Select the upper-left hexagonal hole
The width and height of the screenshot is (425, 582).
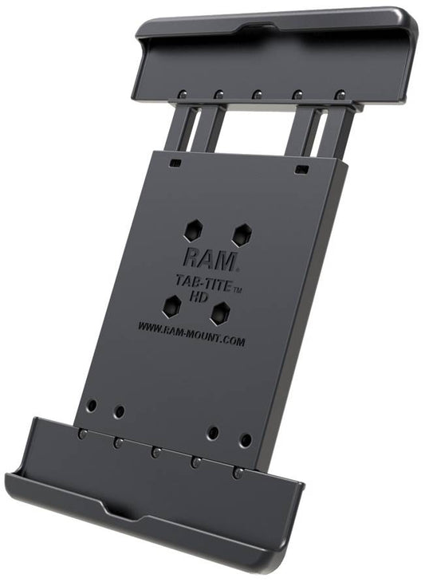click(191, 230)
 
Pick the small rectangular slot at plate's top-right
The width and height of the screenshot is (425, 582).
click(300, 170)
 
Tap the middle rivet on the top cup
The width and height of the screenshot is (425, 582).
click(257, 94)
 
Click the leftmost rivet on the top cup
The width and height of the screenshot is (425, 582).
click(182, 94)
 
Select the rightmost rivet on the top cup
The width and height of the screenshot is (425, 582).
click(339, 94)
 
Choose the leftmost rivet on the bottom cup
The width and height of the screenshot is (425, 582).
click(82, 434)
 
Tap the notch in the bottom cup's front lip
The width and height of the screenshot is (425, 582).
click(110, 509)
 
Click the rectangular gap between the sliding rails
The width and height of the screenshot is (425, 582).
click(255, 128)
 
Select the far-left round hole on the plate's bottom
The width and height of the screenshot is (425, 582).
click(92, 405)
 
